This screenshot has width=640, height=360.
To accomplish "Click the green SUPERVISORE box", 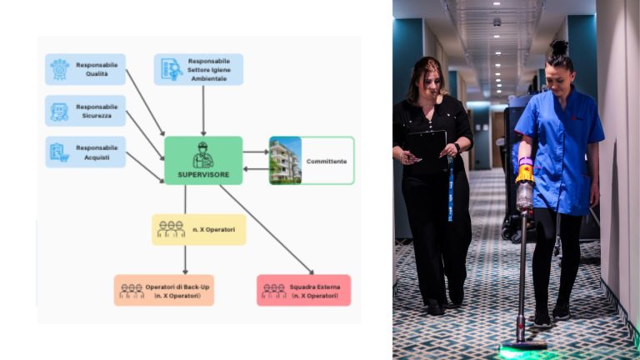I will (203, 160).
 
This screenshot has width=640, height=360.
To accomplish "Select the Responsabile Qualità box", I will (85, 69).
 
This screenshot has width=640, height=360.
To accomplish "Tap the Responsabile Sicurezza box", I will (85, 111).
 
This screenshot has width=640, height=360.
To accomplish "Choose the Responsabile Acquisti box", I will (85, 152).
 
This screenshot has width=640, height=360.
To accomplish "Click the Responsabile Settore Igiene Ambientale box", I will (198, 69).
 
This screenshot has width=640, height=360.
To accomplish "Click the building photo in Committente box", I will (285, 160).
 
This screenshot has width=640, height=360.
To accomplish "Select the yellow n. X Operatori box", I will (198, 229).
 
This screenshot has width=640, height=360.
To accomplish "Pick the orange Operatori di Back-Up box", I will (164, 290).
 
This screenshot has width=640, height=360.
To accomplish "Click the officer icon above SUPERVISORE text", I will (203, 154).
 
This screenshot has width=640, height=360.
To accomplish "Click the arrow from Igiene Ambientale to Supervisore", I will (202, 110).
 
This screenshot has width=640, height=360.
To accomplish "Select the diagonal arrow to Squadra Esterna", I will (267, 229).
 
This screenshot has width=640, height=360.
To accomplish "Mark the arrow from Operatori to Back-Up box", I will (185, 259).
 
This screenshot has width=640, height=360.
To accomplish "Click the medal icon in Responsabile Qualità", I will (59, 69).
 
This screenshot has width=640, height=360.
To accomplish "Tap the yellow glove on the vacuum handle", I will (525, 173).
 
